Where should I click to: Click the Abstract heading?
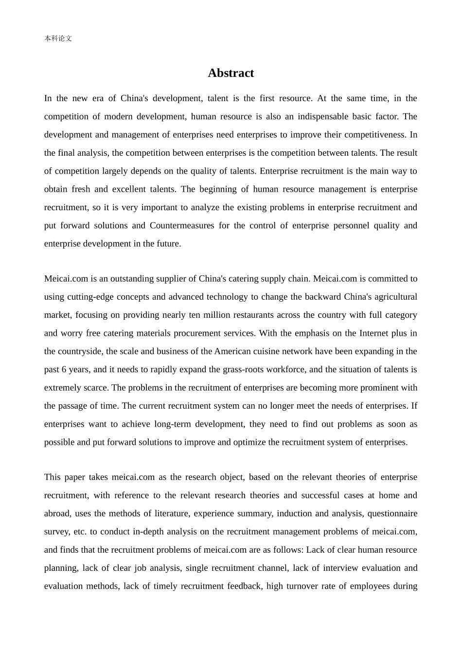click(231, 73)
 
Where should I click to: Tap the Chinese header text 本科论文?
click(58, 38)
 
